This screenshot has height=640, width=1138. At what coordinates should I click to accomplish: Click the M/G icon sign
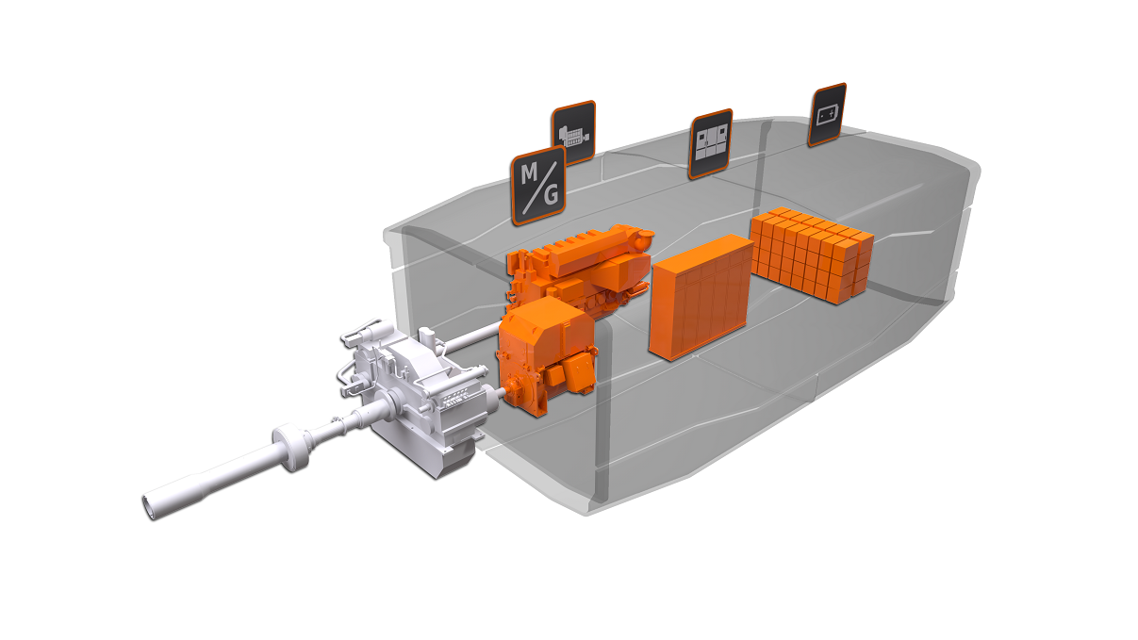(x=538, y=186)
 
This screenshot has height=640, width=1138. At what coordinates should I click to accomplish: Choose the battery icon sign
(x=827, y=116)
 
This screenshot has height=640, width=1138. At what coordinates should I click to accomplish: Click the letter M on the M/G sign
(x=528, y=173)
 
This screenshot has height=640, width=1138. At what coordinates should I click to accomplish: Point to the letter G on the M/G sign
(x=551, y=197)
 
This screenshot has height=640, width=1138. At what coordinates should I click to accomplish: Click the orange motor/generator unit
(x=543, y=353)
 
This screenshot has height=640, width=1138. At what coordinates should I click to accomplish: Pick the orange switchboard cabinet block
(x=701, y=297)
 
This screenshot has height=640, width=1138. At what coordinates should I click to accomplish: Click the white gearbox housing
(x=424, y=396)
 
